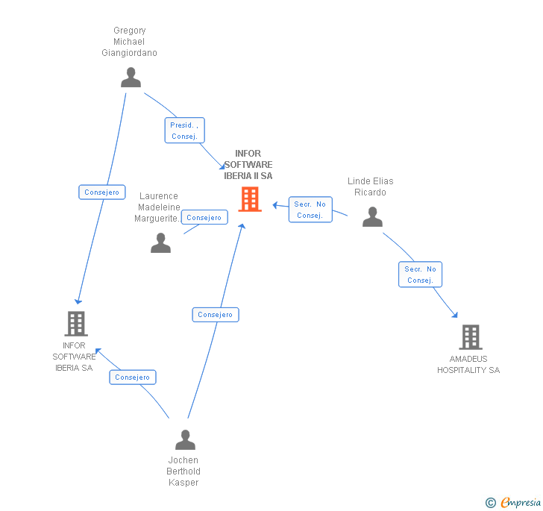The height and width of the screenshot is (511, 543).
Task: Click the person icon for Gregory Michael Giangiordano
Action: tap(131, 78)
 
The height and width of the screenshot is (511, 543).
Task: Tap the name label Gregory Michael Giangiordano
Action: tap(130, 42)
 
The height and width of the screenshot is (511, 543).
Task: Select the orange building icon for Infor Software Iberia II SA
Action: tap(250, 199)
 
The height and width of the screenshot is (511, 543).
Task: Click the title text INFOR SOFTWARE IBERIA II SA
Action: tap(248, 165)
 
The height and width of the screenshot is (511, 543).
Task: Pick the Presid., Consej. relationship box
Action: tap(184, 131)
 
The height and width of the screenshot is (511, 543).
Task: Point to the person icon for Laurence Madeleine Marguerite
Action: tap(160, 243)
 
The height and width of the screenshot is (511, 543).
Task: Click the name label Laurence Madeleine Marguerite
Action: tap(158, 207)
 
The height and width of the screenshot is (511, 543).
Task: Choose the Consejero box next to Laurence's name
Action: tap(204, 218)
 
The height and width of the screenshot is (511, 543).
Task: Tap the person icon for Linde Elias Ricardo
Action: tap(372, 217)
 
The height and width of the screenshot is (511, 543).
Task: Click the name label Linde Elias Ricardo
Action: tap(370, 186)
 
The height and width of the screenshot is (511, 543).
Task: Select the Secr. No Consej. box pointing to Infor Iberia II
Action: tap(310, 210)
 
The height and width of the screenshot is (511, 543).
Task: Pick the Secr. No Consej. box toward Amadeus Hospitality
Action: tap(421, 275)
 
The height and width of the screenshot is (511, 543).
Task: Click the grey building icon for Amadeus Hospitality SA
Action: tap(470, 337)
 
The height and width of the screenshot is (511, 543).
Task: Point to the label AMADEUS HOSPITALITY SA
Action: tap(468, 365)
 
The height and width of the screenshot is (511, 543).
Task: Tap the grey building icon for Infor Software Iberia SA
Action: tap(76, 324)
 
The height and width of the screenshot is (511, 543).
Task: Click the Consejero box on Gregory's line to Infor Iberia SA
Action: tap(102, 192)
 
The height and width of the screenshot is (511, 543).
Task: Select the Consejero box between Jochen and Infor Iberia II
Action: tap(216, 315)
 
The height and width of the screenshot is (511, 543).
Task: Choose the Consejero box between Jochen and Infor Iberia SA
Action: tap(133, 377)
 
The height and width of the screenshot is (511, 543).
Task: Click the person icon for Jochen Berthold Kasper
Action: tap(185, 440)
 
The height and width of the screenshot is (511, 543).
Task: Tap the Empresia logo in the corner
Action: tap(514, 502)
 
